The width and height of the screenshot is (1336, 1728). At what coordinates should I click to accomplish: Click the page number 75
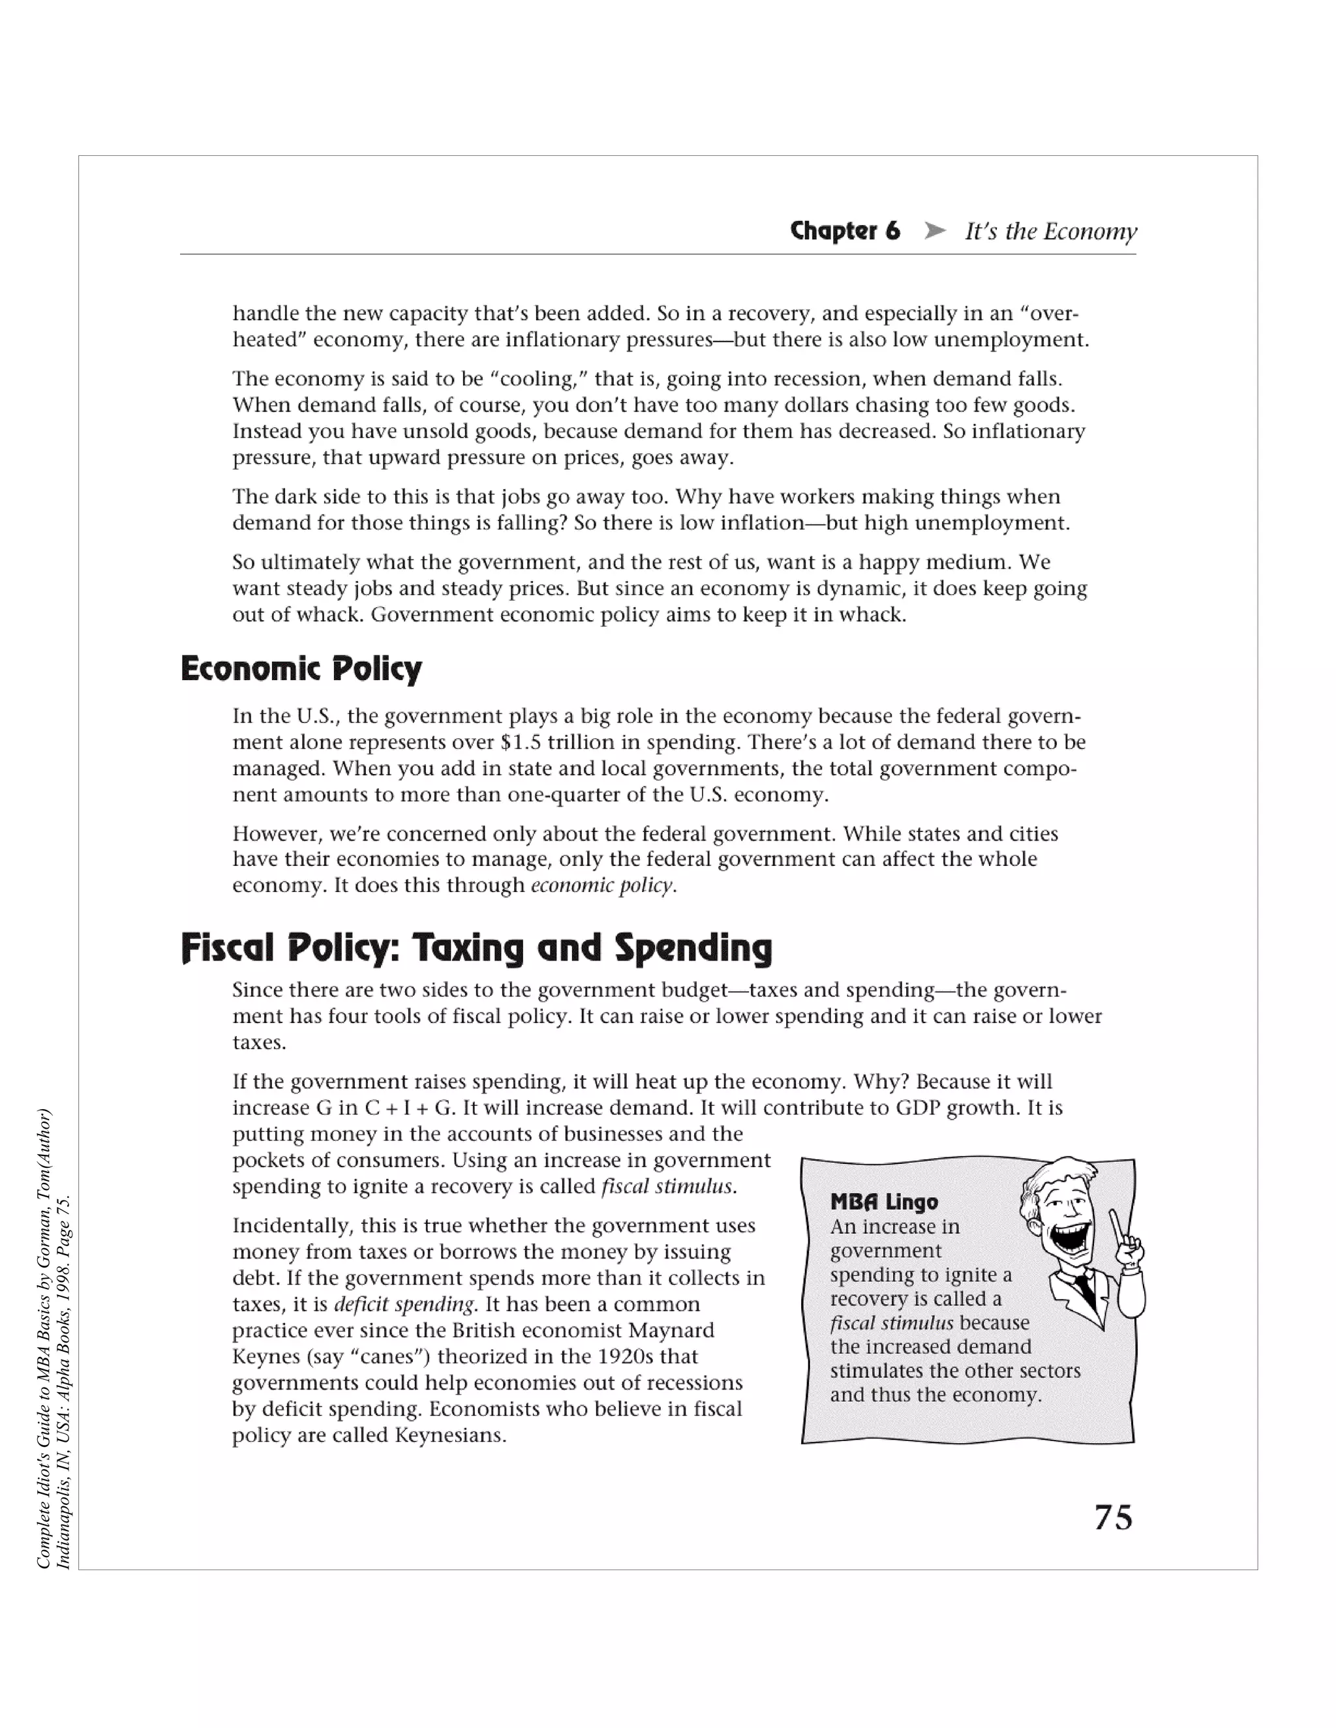click(1113, 1517)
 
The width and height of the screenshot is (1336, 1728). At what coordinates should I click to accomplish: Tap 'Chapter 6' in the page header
click(845, 231)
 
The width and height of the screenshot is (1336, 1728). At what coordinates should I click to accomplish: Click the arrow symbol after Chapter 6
click(935, 231)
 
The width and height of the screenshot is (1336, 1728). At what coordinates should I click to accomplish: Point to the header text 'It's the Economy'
click(1050, 231)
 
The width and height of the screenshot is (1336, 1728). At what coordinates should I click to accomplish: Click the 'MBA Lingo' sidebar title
click(883, 1202)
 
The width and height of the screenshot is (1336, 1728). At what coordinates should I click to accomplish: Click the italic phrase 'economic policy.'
click(603, 885)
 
